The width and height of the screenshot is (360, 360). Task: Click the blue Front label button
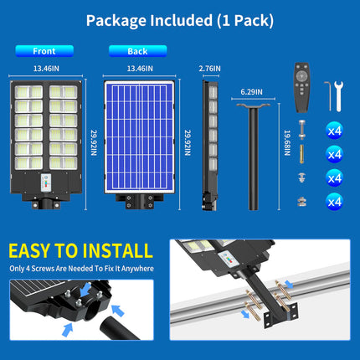pyautogui.click(x=44, y=50)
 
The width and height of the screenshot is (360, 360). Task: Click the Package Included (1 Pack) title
pyautogui.click(x=179, y=18)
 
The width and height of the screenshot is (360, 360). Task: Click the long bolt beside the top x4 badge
pyautogui.click(x=301, y=130)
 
